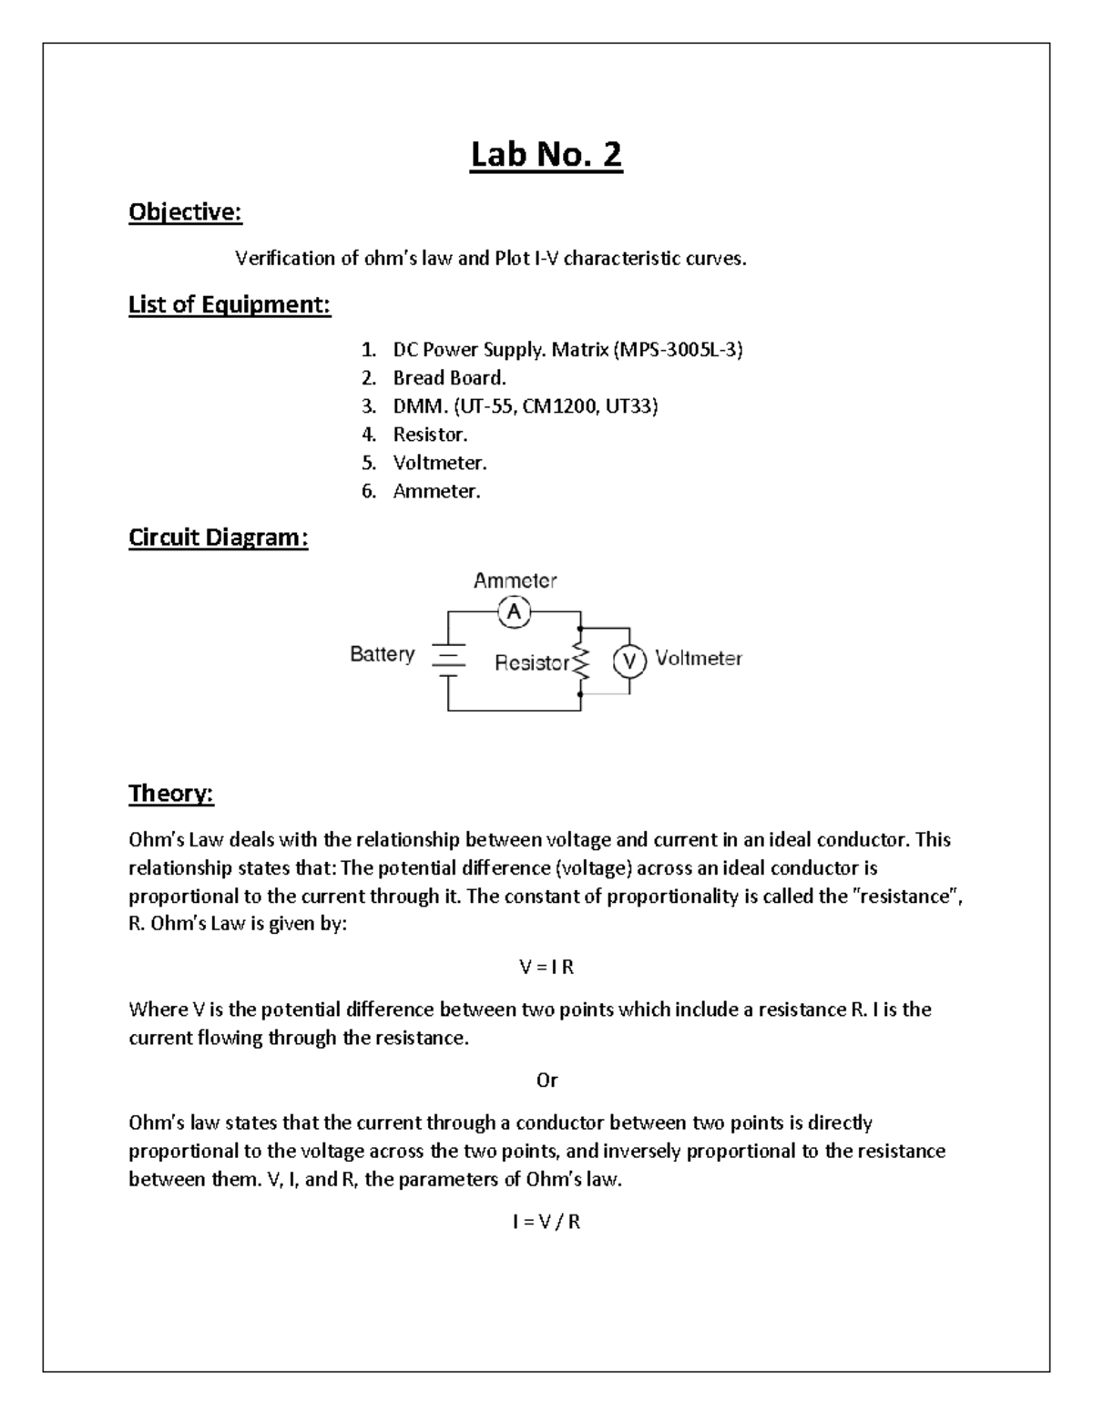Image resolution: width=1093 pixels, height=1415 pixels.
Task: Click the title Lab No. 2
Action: (546, 155)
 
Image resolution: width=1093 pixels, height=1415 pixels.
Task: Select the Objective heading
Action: (185, 212)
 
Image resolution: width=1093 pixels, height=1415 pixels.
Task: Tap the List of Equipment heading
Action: (230, 304)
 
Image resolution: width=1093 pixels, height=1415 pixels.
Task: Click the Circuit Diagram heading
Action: (219, 538)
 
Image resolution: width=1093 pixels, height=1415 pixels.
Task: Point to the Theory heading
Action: (171, 794)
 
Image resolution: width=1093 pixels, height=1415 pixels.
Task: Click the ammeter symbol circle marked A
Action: (515, 612)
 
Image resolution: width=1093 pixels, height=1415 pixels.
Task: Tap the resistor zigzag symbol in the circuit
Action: (580, 662)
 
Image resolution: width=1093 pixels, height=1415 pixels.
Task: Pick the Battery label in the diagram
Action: (383, 654)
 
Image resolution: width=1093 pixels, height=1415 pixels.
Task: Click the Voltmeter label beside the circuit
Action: (699, 658)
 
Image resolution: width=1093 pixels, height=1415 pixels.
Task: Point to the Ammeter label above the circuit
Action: (515, 580)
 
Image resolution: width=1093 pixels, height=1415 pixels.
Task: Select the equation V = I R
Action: (546, 968)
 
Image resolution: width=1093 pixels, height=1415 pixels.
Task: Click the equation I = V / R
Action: (546, 1223)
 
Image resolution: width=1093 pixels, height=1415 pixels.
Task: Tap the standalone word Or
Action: (546, 1081)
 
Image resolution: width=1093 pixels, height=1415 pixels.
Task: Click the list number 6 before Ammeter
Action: (368, 492)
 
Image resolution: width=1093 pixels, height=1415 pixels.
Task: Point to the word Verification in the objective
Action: (285, 259)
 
